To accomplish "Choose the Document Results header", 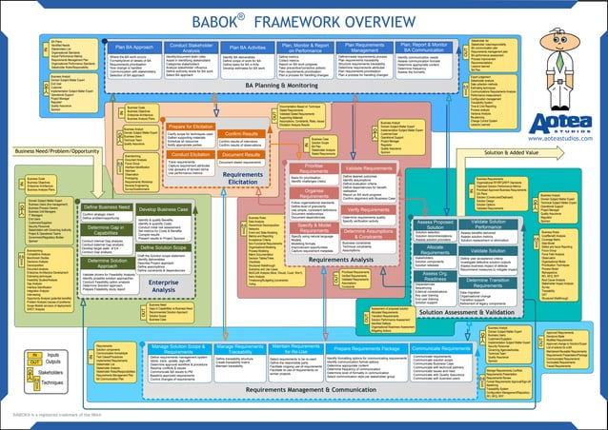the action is tap(241, 152).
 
